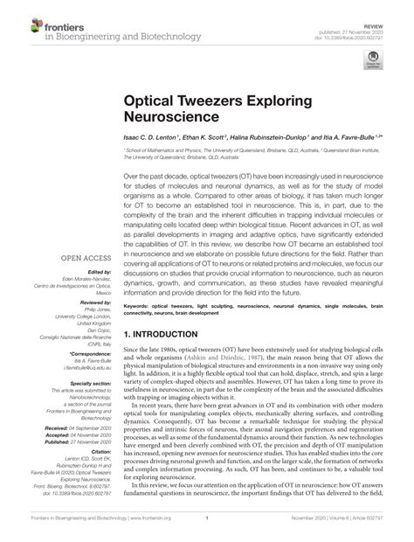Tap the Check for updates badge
point(373,59)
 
